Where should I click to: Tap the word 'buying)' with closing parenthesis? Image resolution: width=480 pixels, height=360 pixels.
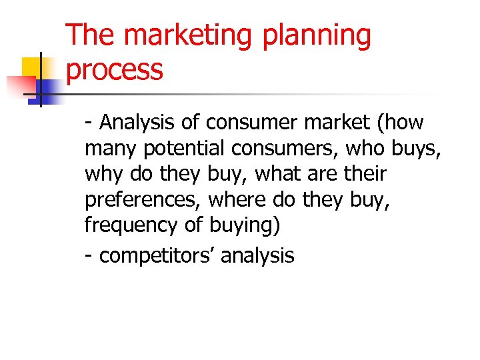pos(245,225)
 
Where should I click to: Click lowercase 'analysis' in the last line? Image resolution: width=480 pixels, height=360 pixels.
pos(257,255)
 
